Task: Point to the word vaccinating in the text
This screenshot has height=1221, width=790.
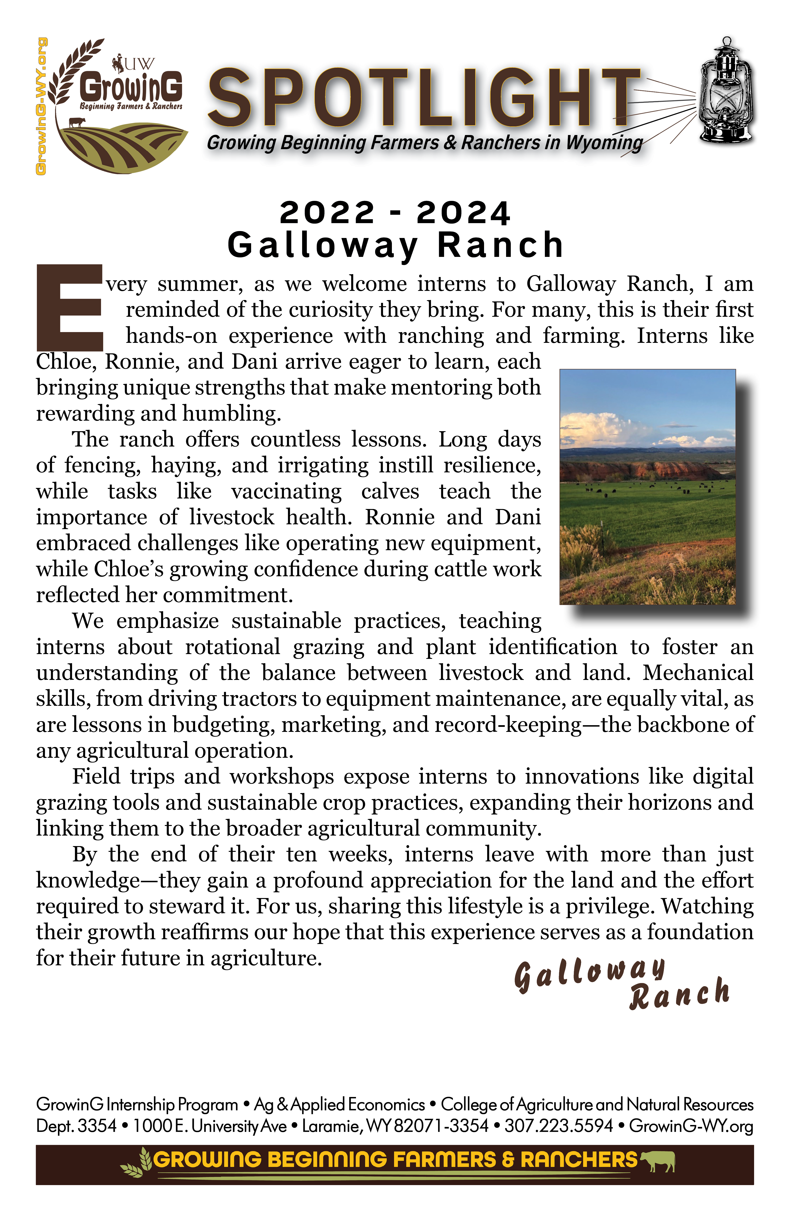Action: [286, 492]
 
